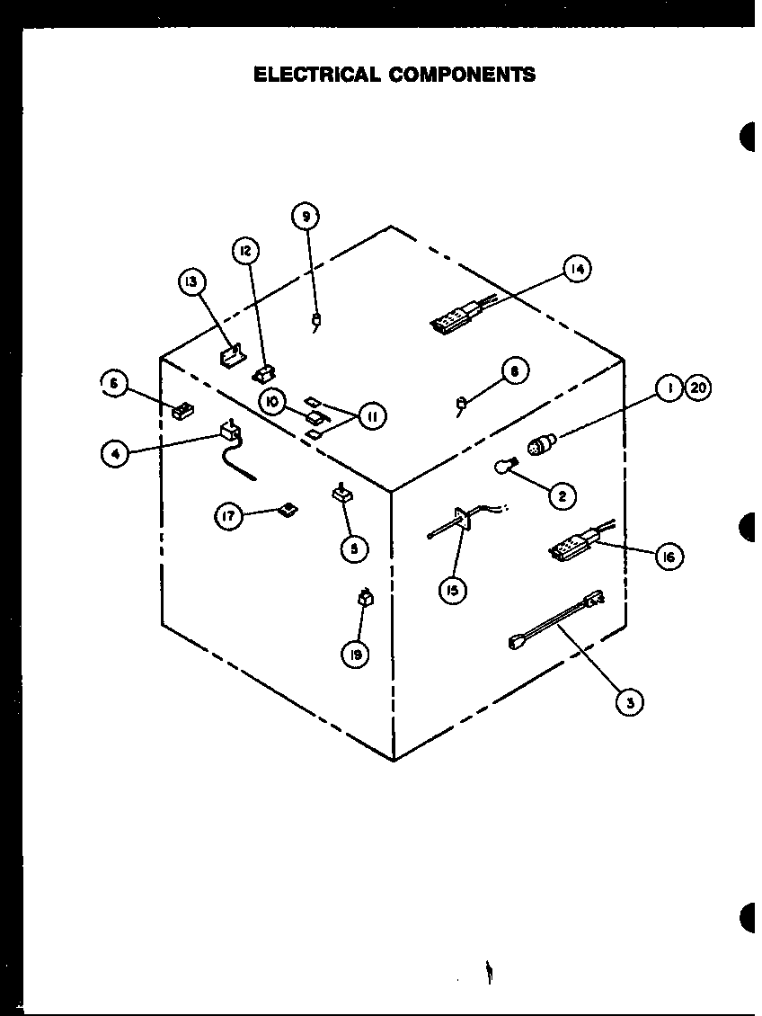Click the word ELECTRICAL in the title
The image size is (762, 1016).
(x=315, y=75)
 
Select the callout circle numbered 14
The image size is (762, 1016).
(x=578, y=269)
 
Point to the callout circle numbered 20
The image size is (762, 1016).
(x=697, y=388)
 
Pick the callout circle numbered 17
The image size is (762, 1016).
(x=229, y=517)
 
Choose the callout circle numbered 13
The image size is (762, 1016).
(x=190, y=282)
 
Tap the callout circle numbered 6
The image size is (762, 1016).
(x=114, y=384)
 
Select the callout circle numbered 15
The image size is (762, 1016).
(x=454, y=591)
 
